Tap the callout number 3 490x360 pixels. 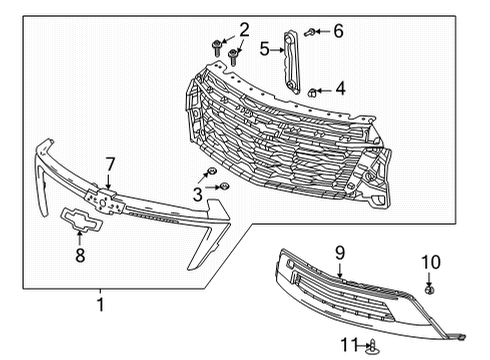[198, 194]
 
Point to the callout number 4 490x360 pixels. [340, 88]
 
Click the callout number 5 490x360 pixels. [265, 47]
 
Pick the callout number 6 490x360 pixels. [337, 31]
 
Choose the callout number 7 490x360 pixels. [111, 163]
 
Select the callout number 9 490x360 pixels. [339, 253]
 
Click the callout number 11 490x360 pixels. [347, 346]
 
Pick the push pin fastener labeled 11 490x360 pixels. [373, 346]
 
